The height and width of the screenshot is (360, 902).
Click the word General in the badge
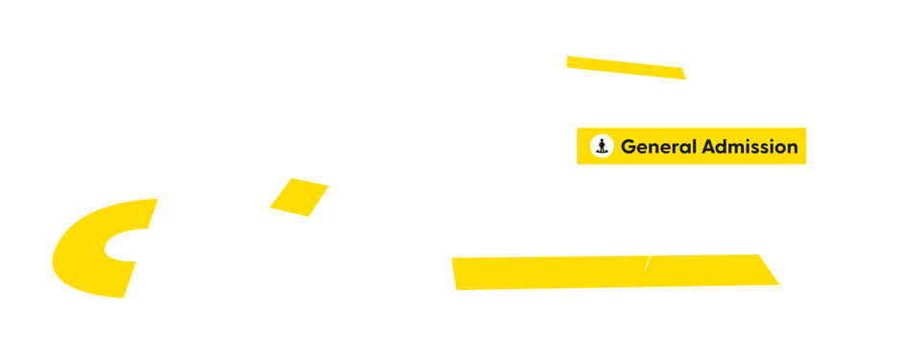pos(657,147)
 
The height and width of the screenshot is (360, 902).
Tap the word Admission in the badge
pos(749,147)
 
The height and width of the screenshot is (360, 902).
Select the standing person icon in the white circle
pos(602,146)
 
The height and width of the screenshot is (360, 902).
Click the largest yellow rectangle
pos(90,248)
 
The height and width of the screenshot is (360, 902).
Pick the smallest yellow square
pos(298,197)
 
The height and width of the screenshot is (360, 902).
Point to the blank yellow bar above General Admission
pos(626,68)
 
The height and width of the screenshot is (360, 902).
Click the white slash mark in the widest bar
pos(648,261)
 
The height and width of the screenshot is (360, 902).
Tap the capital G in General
pos(629,147)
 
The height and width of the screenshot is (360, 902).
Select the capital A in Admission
pos(709,147)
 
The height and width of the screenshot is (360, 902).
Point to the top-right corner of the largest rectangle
pos(156,199)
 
